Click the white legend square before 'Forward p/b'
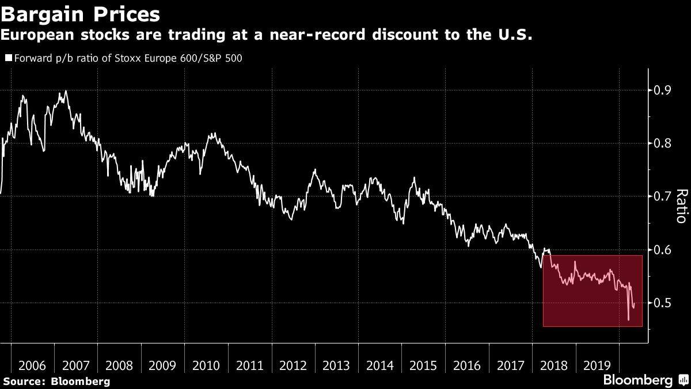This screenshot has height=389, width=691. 7,58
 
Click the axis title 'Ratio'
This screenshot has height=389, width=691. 681,206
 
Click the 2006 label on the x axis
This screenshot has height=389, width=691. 32,365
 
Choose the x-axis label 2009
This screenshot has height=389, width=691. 162,365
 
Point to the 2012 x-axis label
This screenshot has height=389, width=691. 293,365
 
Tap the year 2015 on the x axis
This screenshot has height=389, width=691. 423,365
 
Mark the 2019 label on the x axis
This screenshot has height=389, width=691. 597,365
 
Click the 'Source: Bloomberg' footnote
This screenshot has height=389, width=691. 56,381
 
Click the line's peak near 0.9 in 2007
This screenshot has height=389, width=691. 66,91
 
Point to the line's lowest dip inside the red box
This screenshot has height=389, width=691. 628,319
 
